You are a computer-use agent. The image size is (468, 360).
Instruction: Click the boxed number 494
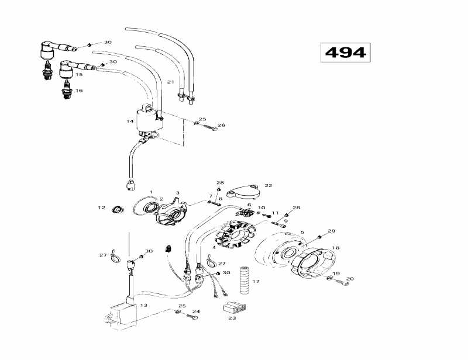click(x=346, y=53)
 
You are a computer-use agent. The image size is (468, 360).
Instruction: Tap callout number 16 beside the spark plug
click(x=79, y=91)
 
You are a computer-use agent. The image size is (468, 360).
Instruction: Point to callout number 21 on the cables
click(x=171, y=81)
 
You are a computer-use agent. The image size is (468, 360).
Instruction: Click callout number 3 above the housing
click(x=178, y=193)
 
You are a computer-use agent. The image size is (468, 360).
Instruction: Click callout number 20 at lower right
click(x=350, y=278)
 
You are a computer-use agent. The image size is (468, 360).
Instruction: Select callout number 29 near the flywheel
click(x=331, y=231)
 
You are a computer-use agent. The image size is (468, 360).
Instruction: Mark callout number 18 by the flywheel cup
click(x=335, y=248)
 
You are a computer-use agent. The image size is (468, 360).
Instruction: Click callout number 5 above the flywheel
click(x=302, y=233)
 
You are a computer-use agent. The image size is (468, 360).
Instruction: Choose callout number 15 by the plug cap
click(x=79, y=75)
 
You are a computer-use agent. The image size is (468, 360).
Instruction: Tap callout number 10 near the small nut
click(x=261, y=207)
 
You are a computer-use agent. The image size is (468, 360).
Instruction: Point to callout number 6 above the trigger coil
click(x=249, y=205)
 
